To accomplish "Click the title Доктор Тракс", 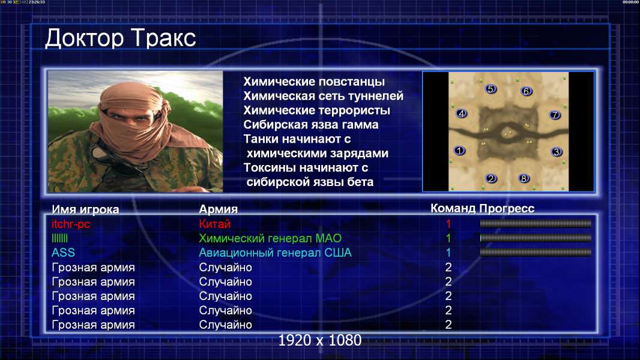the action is tap(121, 38).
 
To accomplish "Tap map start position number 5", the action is tap(491, 89).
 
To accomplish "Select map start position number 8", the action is tap(524, 178).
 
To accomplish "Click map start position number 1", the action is tap(460, 151).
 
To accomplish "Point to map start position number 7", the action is tap(555, 115).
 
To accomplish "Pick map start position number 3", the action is tap(557, 152).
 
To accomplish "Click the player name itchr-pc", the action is tap(71, 224).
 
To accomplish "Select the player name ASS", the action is tap(63, 253).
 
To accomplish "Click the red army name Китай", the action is tap(215, 224).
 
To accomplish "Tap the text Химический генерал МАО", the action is tap(270, 238).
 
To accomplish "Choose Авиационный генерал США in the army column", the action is tap(275, 253).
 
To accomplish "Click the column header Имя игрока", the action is tap(85, 209).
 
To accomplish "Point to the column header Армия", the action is tap(219, 209).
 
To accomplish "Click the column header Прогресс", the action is tap(507, 208).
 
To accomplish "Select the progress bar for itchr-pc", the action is tap(536, 223).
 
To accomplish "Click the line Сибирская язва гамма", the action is tap(311, 125).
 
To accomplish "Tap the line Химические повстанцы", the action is tap(314, 82).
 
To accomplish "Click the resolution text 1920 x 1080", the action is tap(320, 340).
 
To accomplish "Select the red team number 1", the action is tap(448, 224).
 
